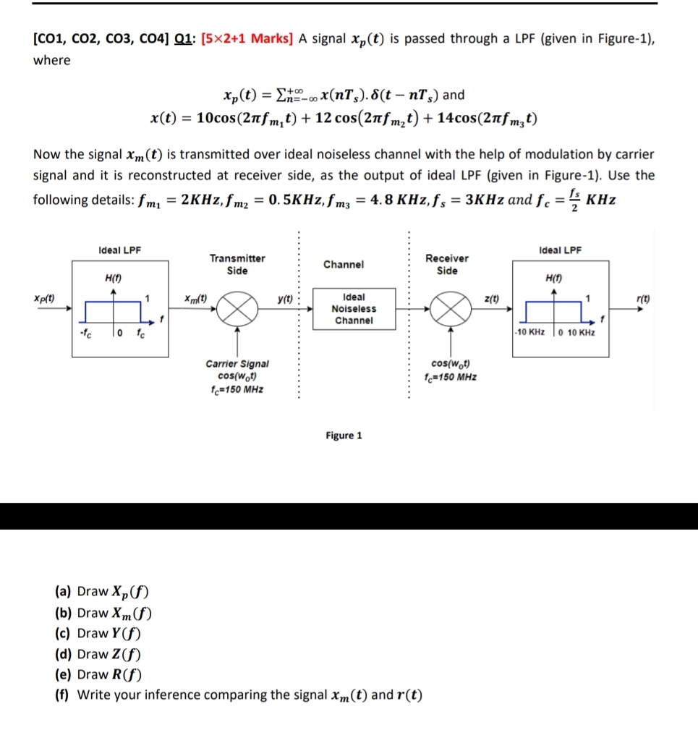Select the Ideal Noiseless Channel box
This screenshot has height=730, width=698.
click(354, 309)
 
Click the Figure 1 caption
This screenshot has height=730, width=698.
click(344, 435)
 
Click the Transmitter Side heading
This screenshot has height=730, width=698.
click(237, 264)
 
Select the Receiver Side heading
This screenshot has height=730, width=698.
click(447, 264)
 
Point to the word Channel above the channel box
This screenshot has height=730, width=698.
click(344, 264)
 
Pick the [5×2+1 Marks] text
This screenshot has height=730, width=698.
click(247, 38)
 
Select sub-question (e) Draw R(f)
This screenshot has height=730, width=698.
click(98, 674)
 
